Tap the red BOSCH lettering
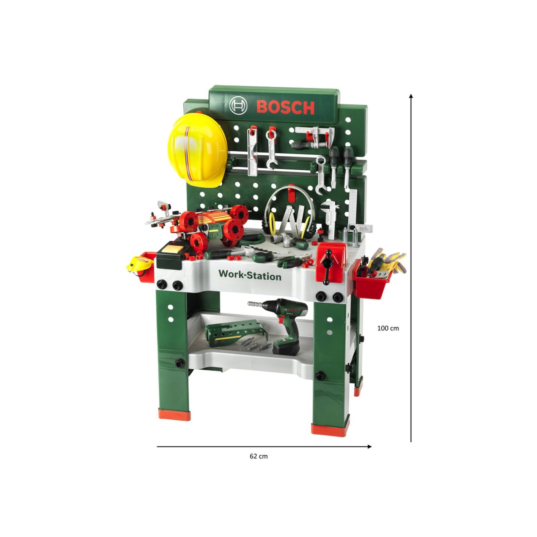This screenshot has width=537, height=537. (285, 107)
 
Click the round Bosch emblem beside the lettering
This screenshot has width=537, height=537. (238, 105)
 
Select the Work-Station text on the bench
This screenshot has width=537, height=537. (250, 275)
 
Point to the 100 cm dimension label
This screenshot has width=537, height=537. (388, 328)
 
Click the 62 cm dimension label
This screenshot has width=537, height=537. (258, 456)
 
